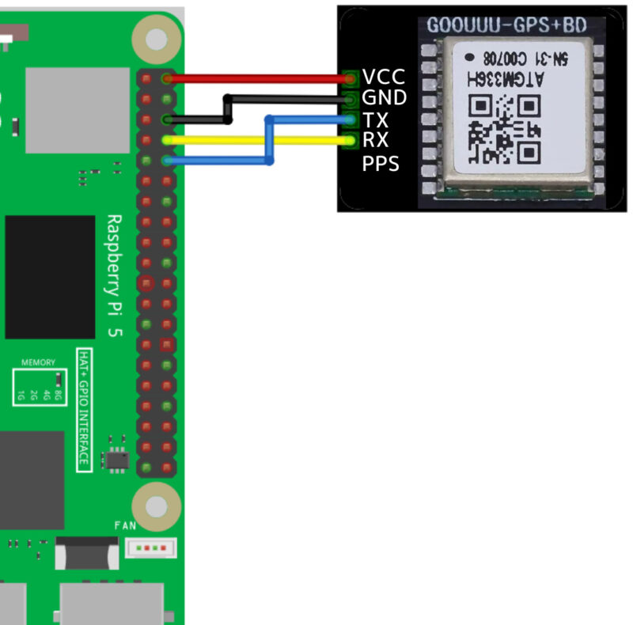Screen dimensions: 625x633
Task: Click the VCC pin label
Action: point(384,78)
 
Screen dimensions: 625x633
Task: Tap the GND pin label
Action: point(384,98)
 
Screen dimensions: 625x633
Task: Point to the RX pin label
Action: point(375,141)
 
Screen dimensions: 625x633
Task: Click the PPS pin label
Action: point(381,164)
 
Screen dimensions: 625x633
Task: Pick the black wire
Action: point(285,99)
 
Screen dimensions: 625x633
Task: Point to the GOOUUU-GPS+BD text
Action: point(506,25)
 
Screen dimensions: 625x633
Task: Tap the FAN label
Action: point(125,525)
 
